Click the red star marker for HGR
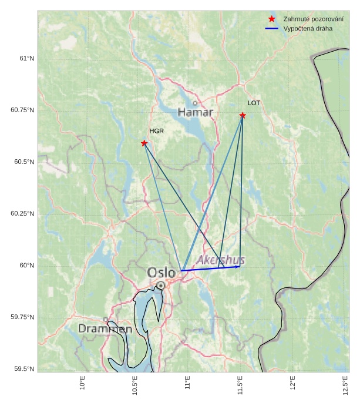click(x=144, y=143)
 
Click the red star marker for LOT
click(x=243, y=115)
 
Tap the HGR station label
click(x=156, y=131)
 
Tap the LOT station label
click(x=254, y=103)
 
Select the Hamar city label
click(x=196, y=112)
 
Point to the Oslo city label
click(x=162, y=273)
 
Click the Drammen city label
click(x=105, y=329)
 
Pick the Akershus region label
click(x=221, y=260)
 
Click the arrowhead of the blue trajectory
click(x=238, y=267)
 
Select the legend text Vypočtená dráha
click(x=307, y=28)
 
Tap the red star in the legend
click(x=271, y=19)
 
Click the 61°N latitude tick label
click(x=27, y=58)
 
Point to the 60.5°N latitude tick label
click(x=23, y=162)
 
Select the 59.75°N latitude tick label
click(x=22, y=317)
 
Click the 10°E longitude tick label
click(x=83, y=385)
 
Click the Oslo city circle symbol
click(x=160, y=286)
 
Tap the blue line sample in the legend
click(x=271, y=28)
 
